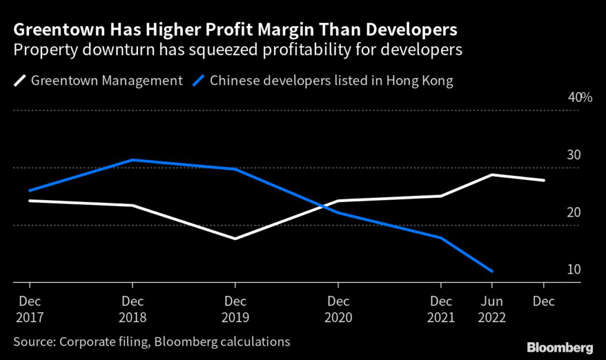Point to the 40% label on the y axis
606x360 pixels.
tap(580, 98)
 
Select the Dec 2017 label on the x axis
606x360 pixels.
tap(29, 309)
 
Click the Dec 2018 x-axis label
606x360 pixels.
tap(132, 309)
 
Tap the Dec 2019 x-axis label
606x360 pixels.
tap(235, 309)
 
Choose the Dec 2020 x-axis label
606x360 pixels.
tap(338, 309)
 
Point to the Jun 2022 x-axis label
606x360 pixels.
tap(492, 309)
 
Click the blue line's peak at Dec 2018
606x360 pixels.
tap(132, 160)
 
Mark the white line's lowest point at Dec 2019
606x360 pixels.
tap(235, 239)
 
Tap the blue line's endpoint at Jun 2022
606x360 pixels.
tap(492, 271)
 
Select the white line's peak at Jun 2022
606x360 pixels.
tap(492, 175)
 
